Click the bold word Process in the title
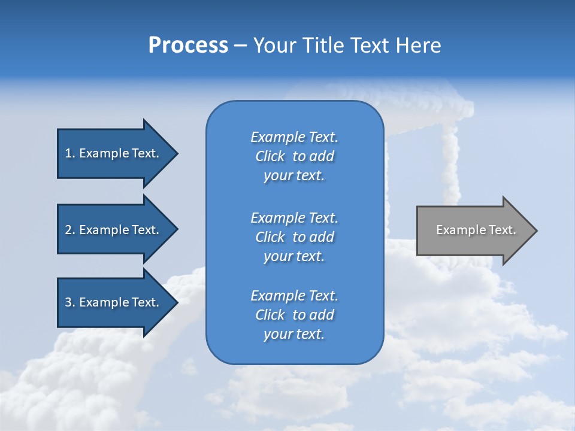tap(188, 45)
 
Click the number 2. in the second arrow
tap(69, 230)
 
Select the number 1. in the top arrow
tap(69, 153)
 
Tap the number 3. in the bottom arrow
tap(69, 302)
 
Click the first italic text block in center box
tap(294, 156)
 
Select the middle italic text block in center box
tap(294, 237)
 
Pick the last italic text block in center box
tap(294, 315)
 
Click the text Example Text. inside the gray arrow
tap(476, 230)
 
